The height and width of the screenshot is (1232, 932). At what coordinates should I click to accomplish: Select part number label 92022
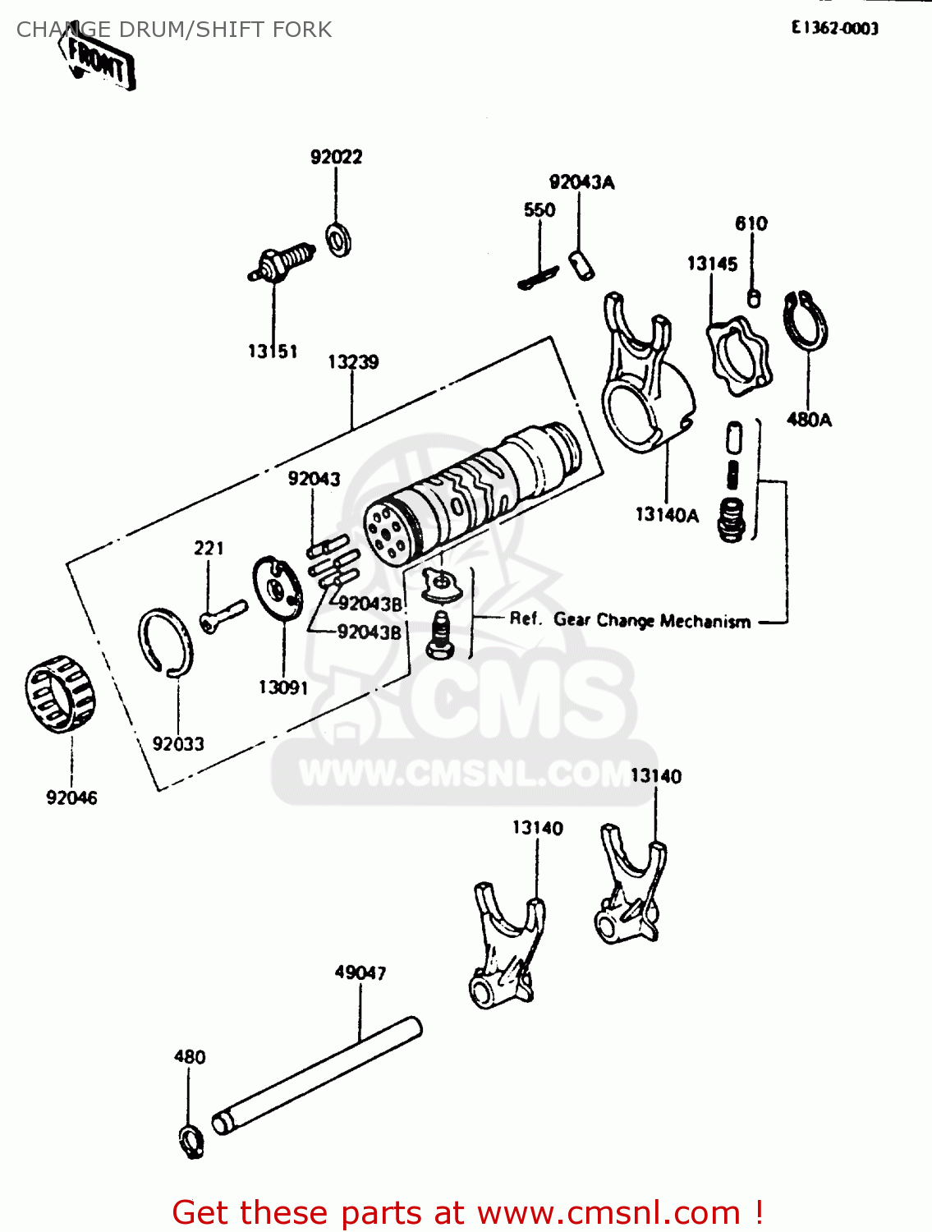coord(336,157)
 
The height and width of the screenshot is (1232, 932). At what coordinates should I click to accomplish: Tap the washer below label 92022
coord(338,239)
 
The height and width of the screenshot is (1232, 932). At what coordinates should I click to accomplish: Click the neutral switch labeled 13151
coord(281,263)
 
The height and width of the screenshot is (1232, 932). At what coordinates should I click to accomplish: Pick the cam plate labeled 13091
coord(278,586)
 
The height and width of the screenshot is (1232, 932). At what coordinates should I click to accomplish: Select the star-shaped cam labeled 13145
coord(738,356)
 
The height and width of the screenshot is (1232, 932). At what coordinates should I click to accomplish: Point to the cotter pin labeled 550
coord(538,278)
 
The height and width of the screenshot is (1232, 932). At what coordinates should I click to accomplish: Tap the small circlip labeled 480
coord(191,1141)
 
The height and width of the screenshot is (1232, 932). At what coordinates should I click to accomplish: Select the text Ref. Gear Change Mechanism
coord(630,620)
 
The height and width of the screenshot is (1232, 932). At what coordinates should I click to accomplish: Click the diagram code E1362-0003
coord(834,28)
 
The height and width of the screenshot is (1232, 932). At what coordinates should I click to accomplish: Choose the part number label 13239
coord(353,362)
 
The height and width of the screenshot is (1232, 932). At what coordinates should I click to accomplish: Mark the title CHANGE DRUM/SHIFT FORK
coord(174,30)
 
